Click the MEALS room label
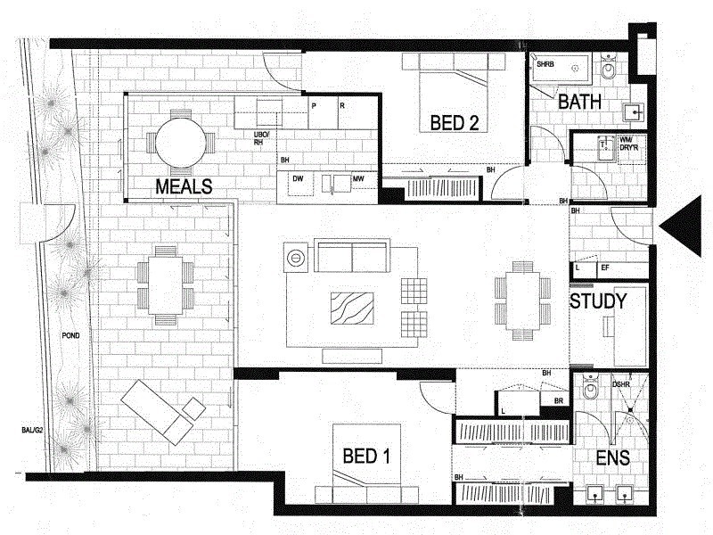tap(184, 186)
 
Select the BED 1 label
tap(367, 457)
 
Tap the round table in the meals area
tap(181, 142)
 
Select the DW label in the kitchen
tap(299, 179)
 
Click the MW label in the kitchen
tap(358, 179)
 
